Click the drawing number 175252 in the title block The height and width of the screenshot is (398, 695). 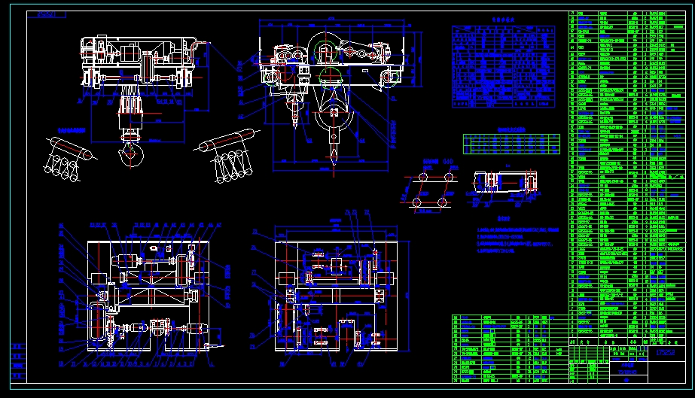[663, 351]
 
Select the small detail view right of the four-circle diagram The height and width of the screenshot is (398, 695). [505, 185]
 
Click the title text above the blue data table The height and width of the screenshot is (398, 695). [492, 21]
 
